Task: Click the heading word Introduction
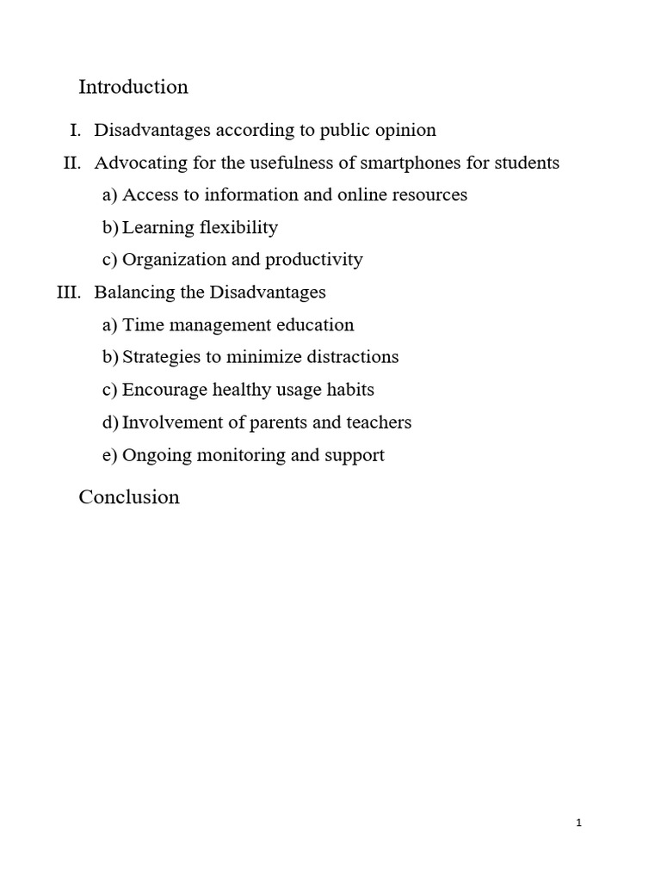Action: coord(133,87)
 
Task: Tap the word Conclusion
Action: coord(129,497)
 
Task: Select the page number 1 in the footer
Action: coord(579,823)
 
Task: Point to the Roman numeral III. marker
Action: coord(69,292)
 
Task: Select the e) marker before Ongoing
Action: coord(109,455)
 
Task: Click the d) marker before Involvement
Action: coord(110,422)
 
